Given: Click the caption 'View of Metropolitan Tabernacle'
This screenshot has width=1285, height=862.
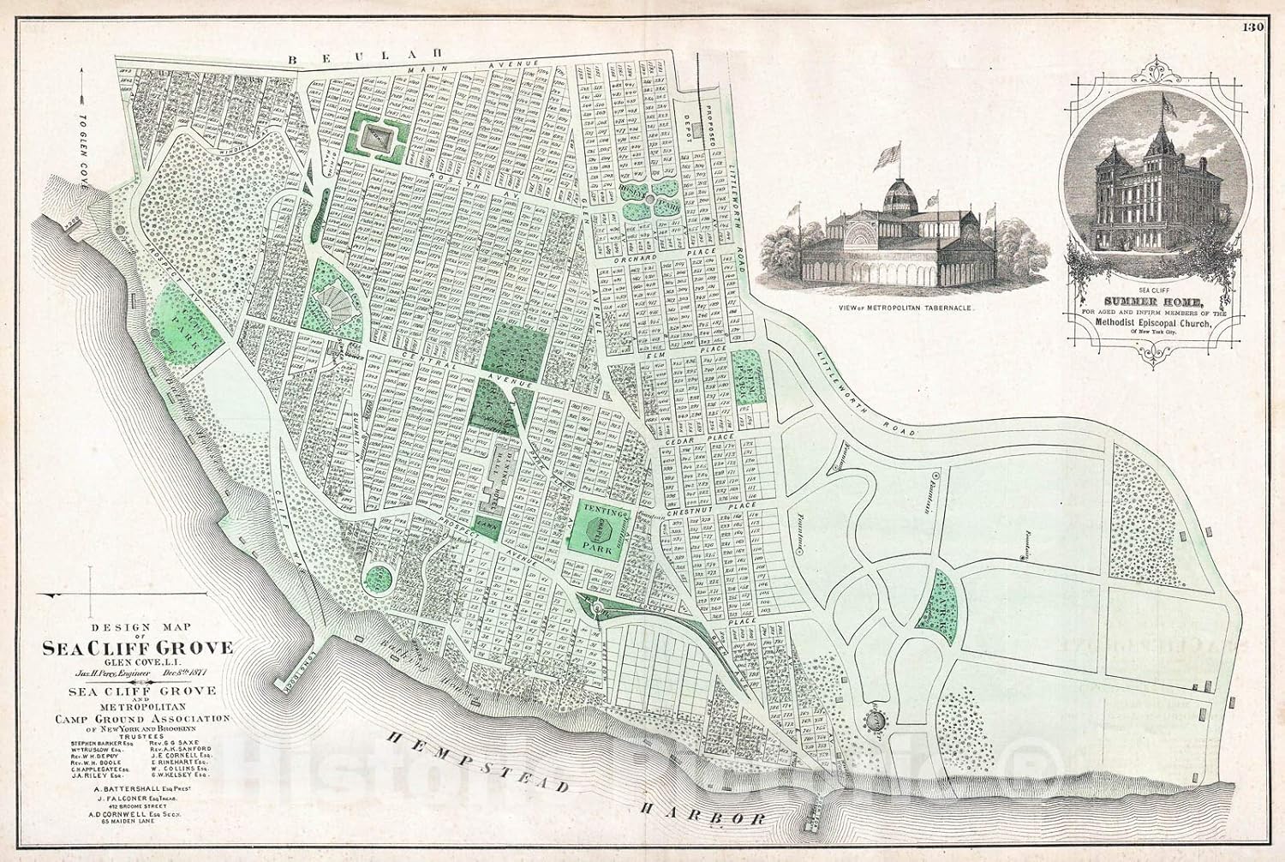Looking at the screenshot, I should (x=899, y=306).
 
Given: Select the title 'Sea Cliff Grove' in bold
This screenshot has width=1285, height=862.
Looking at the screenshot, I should (x=137, y=649).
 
